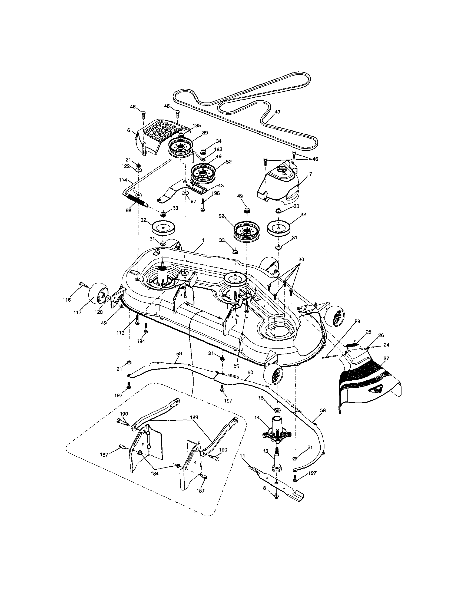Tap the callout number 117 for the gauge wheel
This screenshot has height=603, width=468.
78,312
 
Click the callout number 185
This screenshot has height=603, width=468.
197,125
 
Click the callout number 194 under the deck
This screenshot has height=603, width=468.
141,341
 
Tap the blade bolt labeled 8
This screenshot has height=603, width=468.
276,496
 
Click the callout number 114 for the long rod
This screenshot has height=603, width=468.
123,180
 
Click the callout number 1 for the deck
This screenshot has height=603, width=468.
203,240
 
